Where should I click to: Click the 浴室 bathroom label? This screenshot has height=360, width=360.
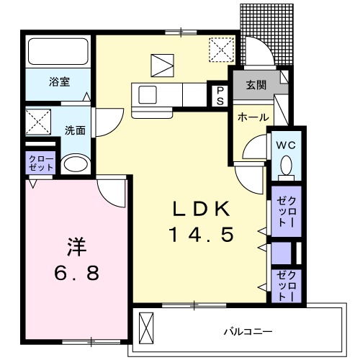pos(60,82)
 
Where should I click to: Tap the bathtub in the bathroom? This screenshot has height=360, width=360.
pos(58,52)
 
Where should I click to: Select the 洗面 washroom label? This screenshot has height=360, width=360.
pos(76,131)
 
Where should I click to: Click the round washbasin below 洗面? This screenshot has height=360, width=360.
pos(75,163)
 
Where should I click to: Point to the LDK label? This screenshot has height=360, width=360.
pos(201,209)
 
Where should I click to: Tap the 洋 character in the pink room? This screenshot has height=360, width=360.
pos(77,248)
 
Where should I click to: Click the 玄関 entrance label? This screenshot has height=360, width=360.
pos(256,86)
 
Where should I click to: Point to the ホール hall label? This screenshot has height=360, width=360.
pos(253,117)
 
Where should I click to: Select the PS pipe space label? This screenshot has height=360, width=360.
pos(218,96)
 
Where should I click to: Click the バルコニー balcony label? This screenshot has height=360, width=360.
pos(246,332)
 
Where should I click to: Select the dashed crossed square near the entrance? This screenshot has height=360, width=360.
pos(220,50)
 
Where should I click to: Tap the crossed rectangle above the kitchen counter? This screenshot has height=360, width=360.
pos(162,65)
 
